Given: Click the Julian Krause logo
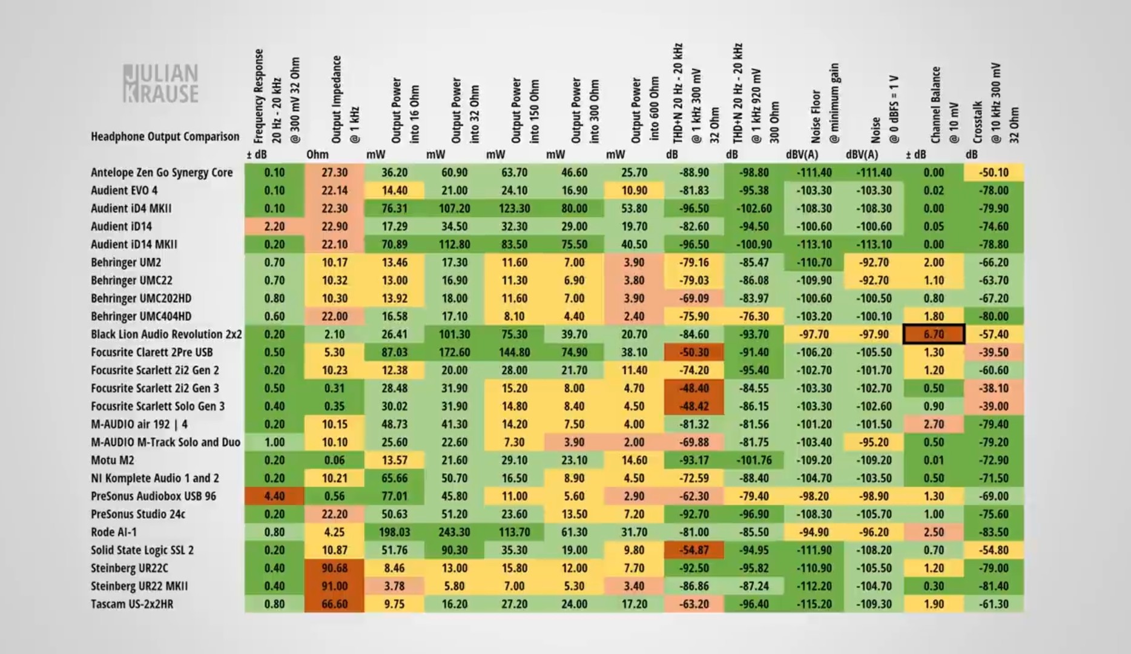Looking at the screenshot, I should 160,84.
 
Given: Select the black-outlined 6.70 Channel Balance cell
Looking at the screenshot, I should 934,334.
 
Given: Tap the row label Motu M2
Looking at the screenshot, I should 113,460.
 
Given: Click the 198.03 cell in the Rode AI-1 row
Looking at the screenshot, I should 394,532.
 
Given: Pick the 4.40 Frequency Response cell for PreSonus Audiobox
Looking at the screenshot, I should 274,496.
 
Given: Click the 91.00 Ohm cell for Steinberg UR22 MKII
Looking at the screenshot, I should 334,586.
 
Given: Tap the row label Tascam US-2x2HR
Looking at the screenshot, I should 132,604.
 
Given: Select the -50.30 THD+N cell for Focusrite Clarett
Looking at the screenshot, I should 694,352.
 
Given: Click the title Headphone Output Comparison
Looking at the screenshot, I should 165,136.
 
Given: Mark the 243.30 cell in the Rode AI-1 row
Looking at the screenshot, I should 454,532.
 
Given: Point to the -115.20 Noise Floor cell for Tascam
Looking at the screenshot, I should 814,604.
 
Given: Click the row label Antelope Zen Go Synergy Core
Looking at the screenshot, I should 162,173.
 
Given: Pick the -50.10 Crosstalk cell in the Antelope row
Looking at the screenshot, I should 994,173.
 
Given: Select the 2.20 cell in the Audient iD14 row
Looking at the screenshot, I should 274,226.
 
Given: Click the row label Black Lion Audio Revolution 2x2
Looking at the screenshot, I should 166,334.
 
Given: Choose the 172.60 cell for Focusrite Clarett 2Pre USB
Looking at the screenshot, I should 454,352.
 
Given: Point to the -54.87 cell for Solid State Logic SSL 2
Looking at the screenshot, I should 694,550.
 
